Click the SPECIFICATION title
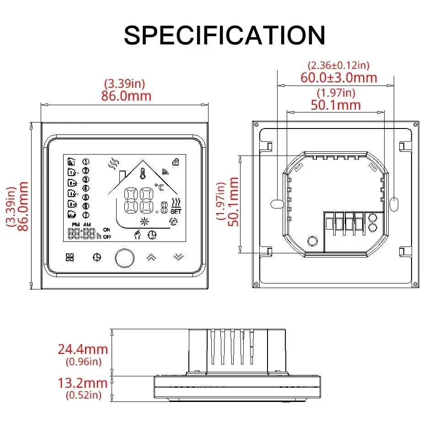tap(224, 35)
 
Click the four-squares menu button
tap(70, 257)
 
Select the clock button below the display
tap(96, 257)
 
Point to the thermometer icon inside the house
tap(143, 174)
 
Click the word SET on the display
tap(176, 211)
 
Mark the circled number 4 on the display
tap(86, 188)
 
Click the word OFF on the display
tap(107, 237)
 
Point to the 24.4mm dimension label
tap(83, 349)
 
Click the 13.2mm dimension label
tap(83, 383)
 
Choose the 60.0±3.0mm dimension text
tap(339, 77)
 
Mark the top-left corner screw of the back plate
tap(257, 124)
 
